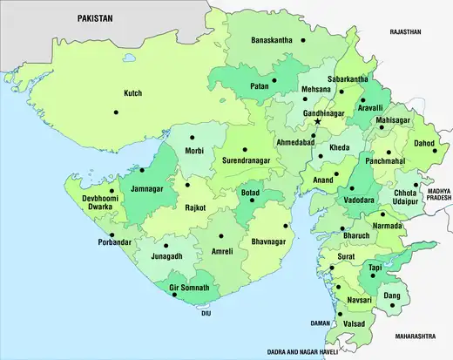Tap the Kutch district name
pos(132,92)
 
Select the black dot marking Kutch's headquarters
pos(114,112)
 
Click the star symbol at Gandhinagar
pos(318,122)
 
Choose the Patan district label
pos(260,87)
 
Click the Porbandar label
pos(118,241)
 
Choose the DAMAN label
pos(321,323)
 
